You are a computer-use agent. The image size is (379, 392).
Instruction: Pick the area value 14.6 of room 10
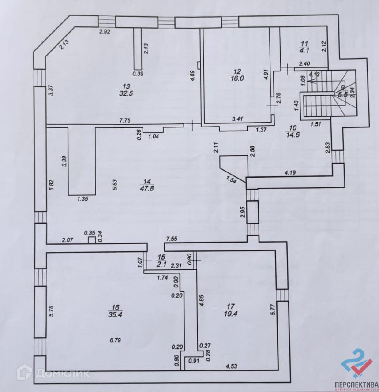[293, 136]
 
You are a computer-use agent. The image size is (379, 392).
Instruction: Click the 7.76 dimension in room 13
[126, 120]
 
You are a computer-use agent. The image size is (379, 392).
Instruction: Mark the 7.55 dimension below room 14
[171, 239]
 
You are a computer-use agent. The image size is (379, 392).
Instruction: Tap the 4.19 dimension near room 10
[290, 172]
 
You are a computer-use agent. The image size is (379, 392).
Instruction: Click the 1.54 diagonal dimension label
[232, 180]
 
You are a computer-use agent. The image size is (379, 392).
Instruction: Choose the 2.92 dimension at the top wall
[104, 32]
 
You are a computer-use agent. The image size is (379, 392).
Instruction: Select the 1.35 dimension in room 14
[83, 199]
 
